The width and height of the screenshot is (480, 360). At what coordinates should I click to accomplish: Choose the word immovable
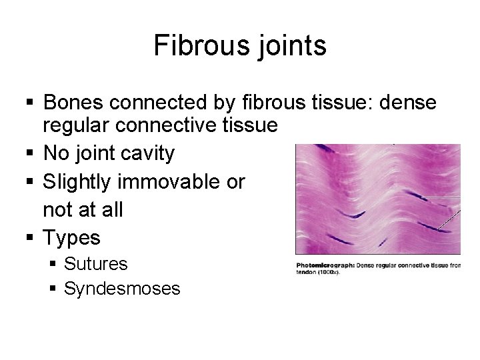[x=175, y=182]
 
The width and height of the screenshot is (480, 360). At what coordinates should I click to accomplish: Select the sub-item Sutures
[x=96, y=264]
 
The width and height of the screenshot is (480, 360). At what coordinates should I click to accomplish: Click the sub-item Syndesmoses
[x=122, y=288]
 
